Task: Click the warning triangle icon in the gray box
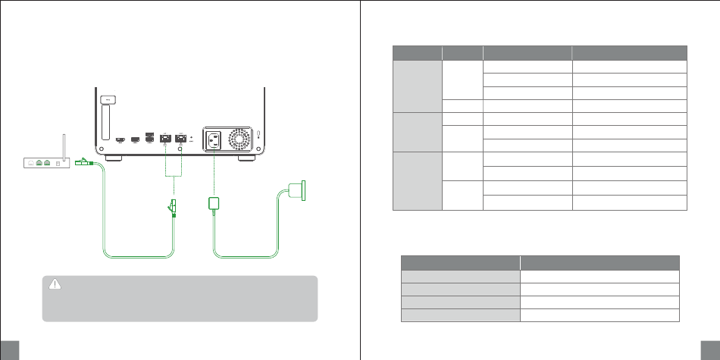coord(54,284)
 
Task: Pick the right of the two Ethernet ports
coord(181,139)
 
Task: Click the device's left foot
coord(114,160)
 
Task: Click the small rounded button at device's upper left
coord(108,99)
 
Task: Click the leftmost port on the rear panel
coord(121,140)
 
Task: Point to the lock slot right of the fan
coord(258,134)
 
